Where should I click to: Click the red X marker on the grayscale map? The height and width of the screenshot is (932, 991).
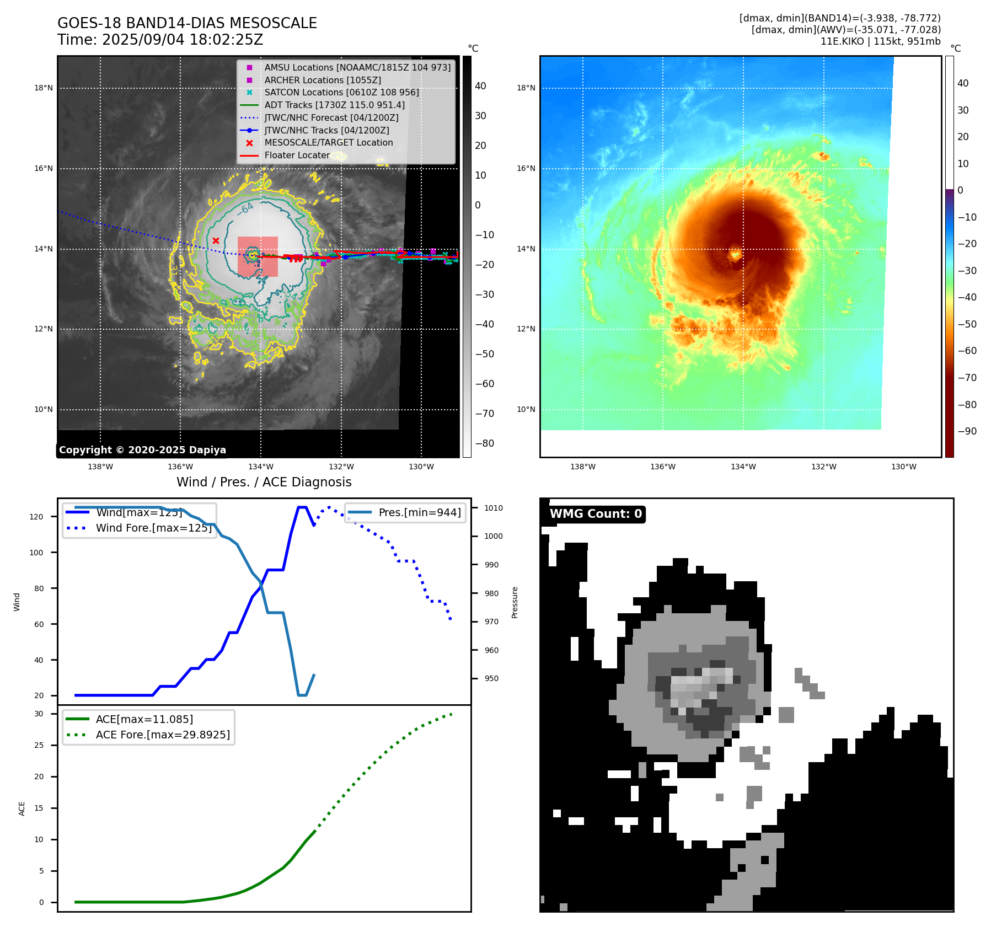(x=216, y=240)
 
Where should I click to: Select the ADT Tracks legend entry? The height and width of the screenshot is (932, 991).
(x=334, y=105)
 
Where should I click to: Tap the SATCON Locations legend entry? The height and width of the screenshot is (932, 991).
(x=341, y=92)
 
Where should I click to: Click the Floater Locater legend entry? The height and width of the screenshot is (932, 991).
(x=297, y=155)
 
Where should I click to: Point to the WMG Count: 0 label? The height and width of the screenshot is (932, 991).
(x=596, y=514)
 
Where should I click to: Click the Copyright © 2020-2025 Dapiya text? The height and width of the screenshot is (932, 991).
(x=142, y=450)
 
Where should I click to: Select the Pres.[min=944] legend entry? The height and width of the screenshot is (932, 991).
(x=419, y=512)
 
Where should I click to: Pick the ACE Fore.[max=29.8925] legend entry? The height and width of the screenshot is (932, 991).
(x=163, y=735)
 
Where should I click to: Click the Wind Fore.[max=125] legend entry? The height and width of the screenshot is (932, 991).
(x=153, y=528)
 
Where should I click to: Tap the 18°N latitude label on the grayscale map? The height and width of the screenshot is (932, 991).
(x=44, y=88)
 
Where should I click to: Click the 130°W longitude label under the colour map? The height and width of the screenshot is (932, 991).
(x=903, y=467)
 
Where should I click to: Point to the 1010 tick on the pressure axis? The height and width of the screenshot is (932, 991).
(x=494, y=508)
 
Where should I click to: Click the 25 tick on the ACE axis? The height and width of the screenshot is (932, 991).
(x=39, y=745)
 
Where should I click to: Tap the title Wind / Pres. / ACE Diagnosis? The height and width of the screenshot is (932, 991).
(x=264, y=482)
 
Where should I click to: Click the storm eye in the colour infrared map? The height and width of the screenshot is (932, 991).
(x=735, y=254)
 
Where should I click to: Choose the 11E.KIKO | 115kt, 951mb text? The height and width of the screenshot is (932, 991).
(x=880, y=41)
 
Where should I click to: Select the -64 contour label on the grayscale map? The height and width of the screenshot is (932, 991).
(x=246, y=208)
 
